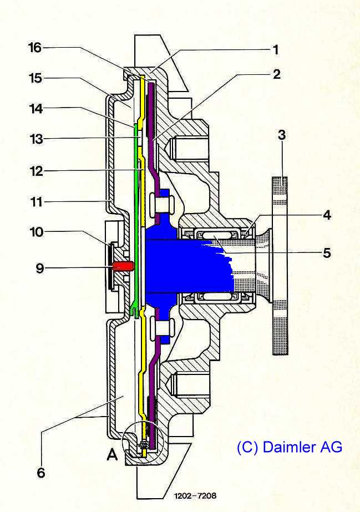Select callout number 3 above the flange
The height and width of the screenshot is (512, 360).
282,135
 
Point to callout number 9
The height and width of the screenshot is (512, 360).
327,215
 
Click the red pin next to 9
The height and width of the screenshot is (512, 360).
123,266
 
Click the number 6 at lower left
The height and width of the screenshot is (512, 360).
41,473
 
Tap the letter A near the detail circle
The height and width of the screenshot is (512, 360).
113,455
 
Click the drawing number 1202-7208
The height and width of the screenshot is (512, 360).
195,495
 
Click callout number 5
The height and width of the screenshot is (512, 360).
327,253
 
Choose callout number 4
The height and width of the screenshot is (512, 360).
327,215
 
